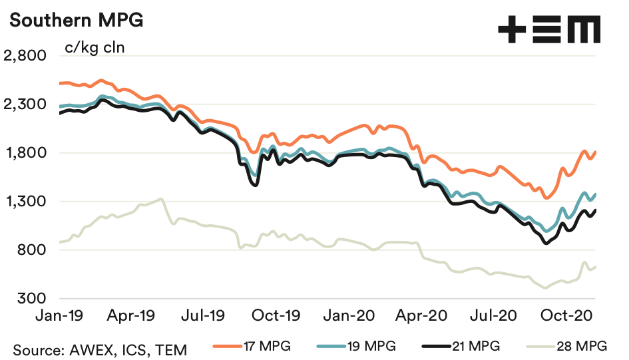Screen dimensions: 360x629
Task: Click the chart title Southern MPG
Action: point(75,21)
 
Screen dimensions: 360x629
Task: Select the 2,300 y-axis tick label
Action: point(25,104)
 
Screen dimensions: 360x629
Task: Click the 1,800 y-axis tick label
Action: point(25,153)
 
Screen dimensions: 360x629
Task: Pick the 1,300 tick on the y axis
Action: point(25,202)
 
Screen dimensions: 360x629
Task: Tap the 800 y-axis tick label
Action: point(32,250)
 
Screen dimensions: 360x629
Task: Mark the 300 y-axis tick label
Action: point(32,299)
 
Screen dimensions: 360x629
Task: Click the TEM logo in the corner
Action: point(549,30)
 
